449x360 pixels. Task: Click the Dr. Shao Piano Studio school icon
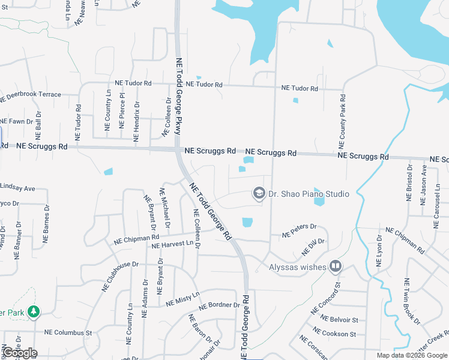pos(259,193)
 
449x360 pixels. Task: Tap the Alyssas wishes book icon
pos(335,266)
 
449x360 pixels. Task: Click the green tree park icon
pos(35,311)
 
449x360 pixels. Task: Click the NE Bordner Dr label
pos(219,305)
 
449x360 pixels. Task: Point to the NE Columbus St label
pos(67,332)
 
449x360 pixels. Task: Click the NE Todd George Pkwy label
pos(178,95)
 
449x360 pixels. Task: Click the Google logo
pos(20,353)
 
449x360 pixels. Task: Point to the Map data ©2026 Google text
pos(411,355)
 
